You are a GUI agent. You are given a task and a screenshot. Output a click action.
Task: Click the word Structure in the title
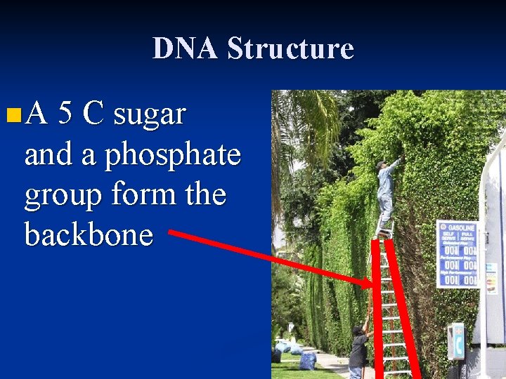(291, 48)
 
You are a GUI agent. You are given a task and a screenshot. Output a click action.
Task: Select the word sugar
(149, 114)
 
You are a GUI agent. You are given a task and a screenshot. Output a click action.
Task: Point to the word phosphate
(172, 154)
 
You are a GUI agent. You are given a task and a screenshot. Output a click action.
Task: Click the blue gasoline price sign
(458, 253)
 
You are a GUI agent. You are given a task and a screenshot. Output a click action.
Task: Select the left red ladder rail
(379, 309)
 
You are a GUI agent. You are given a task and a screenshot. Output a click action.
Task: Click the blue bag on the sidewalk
(307, 360)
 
